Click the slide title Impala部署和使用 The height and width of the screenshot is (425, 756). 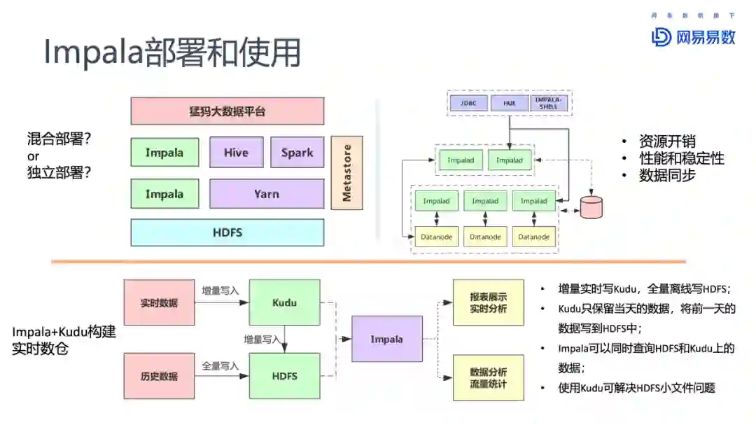[172, 52]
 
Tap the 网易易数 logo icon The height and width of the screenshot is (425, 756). [660, 36]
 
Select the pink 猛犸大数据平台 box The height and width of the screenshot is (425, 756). [227, 111]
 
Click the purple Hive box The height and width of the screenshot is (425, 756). [236, 152]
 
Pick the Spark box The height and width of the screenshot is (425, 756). [297, 152]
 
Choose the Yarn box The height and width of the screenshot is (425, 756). [266, 194]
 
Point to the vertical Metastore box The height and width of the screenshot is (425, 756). [346, 173]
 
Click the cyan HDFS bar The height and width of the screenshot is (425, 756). [227, 232]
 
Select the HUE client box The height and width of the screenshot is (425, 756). [509, 103]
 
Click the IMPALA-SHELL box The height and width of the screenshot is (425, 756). [549, 103]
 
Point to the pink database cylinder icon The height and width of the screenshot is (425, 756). [591, 207]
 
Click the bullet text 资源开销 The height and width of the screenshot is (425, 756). [667, 141]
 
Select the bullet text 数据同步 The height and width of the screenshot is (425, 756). [667, 176]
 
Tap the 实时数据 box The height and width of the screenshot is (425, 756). [159, 303]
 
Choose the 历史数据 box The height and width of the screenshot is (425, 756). [159, 376]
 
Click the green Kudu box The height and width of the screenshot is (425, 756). [284, 302]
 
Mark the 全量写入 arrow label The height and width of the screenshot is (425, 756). [220, 365]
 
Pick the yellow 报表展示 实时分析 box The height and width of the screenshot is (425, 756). [488, 302]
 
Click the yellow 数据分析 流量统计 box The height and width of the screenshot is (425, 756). [488, 377]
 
